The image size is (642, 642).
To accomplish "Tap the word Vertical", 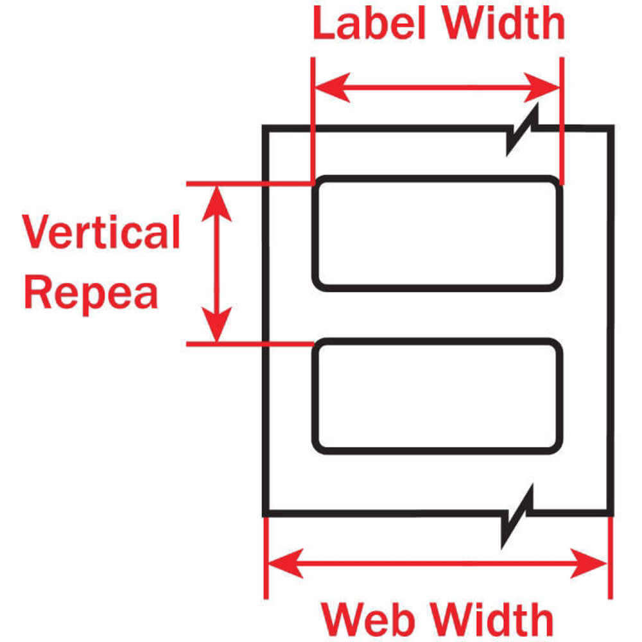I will click(x=101, y=232).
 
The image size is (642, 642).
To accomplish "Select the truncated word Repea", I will click(x=91, y=293).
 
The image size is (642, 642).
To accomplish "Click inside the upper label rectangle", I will click(x=437, y=234).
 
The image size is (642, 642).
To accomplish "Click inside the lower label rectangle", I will click(x=437, y=395).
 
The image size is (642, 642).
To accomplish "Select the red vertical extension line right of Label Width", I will click(x=562, y=116).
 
